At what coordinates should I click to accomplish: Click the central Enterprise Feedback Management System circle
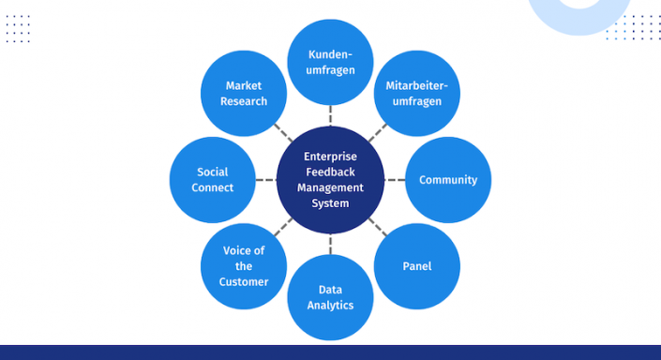point(330,180)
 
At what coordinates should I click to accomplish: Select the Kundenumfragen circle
point(331,62)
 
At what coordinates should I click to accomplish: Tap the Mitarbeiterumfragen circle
point(417,94)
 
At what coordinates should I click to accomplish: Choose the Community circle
point(448,180)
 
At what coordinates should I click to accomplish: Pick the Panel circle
point(417,266)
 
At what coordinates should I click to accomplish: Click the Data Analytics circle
point(330,297)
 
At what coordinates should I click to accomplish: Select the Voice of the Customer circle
point(244,266)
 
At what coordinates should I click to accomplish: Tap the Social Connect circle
point(213,180)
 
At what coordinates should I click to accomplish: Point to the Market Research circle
point(244,94)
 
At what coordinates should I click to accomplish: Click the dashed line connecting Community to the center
point(395,180)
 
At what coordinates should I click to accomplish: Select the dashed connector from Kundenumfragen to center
point(331,115)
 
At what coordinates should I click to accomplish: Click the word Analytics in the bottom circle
point(330,305)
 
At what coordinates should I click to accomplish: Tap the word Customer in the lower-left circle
point(244,281)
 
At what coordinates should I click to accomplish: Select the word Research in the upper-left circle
point(244,101)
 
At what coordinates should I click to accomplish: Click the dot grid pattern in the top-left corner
point(18,28)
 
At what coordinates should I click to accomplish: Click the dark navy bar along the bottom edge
point(330,352)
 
